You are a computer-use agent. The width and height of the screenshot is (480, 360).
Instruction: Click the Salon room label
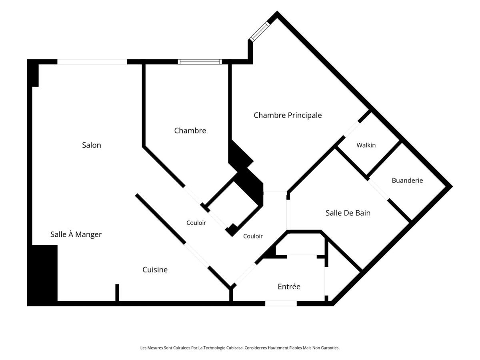(92, 145)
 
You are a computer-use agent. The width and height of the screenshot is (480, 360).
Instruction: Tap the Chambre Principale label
(288, 115)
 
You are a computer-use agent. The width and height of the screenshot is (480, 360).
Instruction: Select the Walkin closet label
(366, 145)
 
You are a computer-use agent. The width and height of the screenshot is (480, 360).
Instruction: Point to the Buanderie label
(407, 180)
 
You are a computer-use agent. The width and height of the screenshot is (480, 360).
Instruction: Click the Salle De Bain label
(348, 213)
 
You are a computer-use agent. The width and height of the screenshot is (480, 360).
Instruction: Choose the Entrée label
(289, 286)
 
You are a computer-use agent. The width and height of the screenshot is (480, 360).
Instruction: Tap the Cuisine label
(155, 270)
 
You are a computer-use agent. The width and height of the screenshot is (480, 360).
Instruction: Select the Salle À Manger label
(76, 234)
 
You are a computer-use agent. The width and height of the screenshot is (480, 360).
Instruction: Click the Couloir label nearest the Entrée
(253, 236)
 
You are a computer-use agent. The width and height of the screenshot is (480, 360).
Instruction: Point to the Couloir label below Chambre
(196, 223)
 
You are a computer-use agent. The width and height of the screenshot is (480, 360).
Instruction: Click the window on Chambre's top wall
(200, 62)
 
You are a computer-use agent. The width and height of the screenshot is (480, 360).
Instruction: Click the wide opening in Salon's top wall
(92, 62)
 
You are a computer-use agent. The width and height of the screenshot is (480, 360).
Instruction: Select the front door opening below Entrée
(281, 303)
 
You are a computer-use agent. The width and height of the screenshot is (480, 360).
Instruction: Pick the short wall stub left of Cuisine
(117, 293)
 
